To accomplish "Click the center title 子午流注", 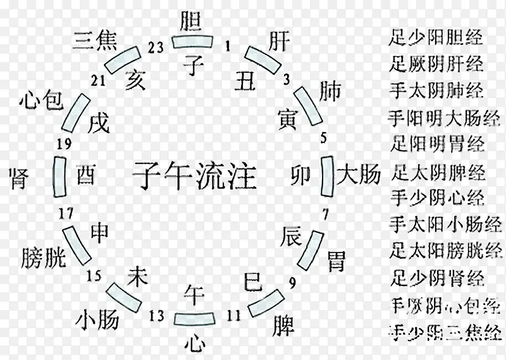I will click(194, 175).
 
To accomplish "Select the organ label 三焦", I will click(94, 39).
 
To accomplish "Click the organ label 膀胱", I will click(44, 256).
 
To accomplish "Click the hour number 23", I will click(155, 46).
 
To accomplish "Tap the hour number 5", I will click(324, 135).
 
